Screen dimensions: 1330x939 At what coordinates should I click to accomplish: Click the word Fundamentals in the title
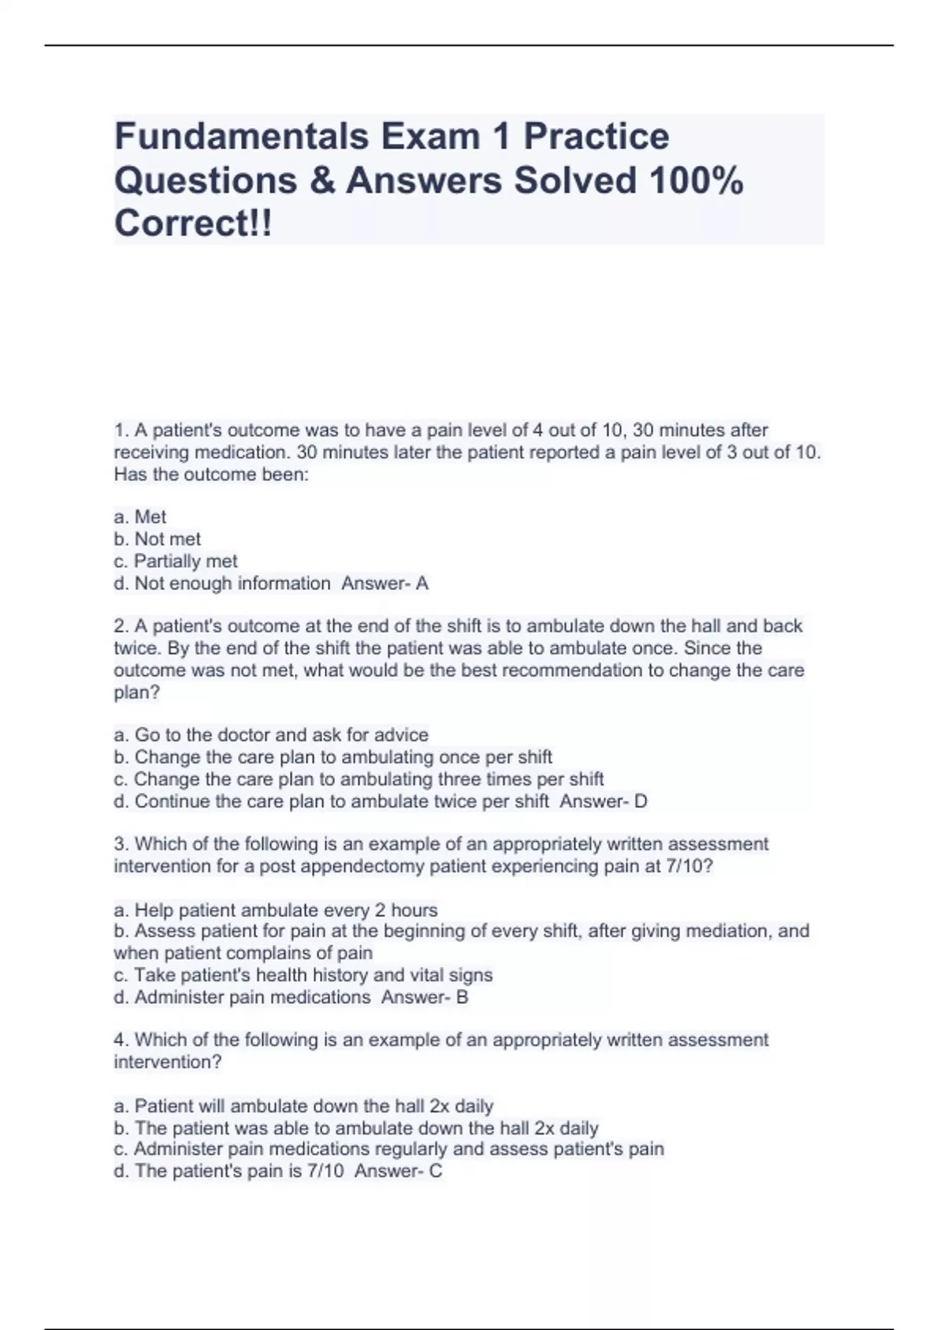tap(241, 136)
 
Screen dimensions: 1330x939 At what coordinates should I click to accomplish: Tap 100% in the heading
tap(696, 181)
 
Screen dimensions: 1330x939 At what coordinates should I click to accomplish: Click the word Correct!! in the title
tap(193, 224)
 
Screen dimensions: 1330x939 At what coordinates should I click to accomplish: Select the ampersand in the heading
tap(322, 181)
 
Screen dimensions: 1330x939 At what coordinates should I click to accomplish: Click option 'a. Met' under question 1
tap(140, 517)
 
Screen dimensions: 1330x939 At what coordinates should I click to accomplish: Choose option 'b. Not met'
tap(157, 539)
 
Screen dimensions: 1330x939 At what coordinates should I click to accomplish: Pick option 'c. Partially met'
tap(175, 561)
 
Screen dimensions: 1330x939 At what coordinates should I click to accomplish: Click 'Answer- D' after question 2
tap(603, 801)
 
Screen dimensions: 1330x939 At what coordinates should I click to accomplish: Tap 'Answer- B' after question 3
tap(425, 997)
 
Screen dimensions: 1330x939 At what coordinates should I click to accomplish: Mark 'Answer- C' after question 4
tap(398, 1171)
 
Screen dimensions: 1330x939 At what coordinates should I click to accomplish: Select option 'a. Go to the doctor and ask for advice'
tap(271, 735)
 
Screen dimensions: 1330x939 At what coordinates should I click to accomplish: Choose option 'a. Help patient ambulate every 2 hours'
tap(275, 910)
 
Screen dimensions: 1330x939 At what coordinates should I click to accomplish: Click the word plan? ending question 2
tap(137, 692)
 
